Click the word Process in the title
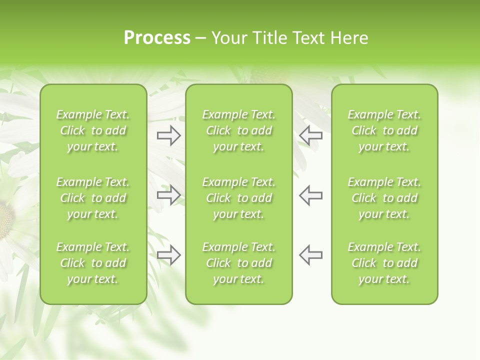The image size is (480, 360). (157, 38)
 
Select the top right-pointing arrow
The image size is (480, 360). (168, 135)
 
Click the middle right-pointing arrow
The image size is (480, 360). (168, 195)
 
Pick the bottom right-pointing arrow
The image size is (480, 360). (168, 255)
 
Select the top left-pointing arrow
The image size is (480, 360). (311, 135)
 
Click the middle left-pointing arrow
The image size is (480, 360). (311, 195)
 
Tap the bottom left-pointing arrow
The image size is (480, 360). (311, 255)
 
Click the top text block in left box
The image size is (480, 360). (93, 130)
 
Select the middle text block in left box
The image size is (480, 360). (93, 198)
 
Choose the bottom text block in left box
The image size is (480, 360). (93, 263)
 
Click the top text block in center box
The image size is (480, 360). (238, 130)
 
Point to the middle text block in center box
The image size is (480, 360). (238, 198)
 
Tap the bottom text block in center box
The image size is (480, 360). (238, 263)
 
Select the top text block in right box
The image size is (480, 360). (384, 130)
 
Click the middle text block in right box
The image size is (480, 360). (384, 198)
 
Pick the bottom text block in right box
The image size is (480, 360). (384, 263)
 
